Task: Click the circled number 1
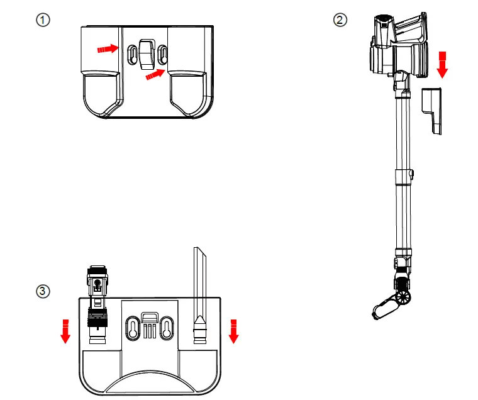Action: (x=43, y=20)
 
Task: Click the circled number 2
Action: (x=340, y=20)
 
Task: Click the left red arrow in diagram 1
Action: (x=108, y=48)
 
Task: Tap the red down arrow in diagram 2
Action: (x=442, y=65)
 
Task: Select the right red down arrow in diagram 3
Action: (x=234, y=331)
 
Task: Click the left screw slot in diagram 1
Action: (x=131, y=53)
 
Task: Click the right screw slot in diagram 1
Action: (x=163, y=53)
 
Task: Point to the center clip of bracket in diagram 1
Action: (x=147, y=53)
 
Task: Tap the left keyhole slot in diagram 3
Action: (x=133, y=328)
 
